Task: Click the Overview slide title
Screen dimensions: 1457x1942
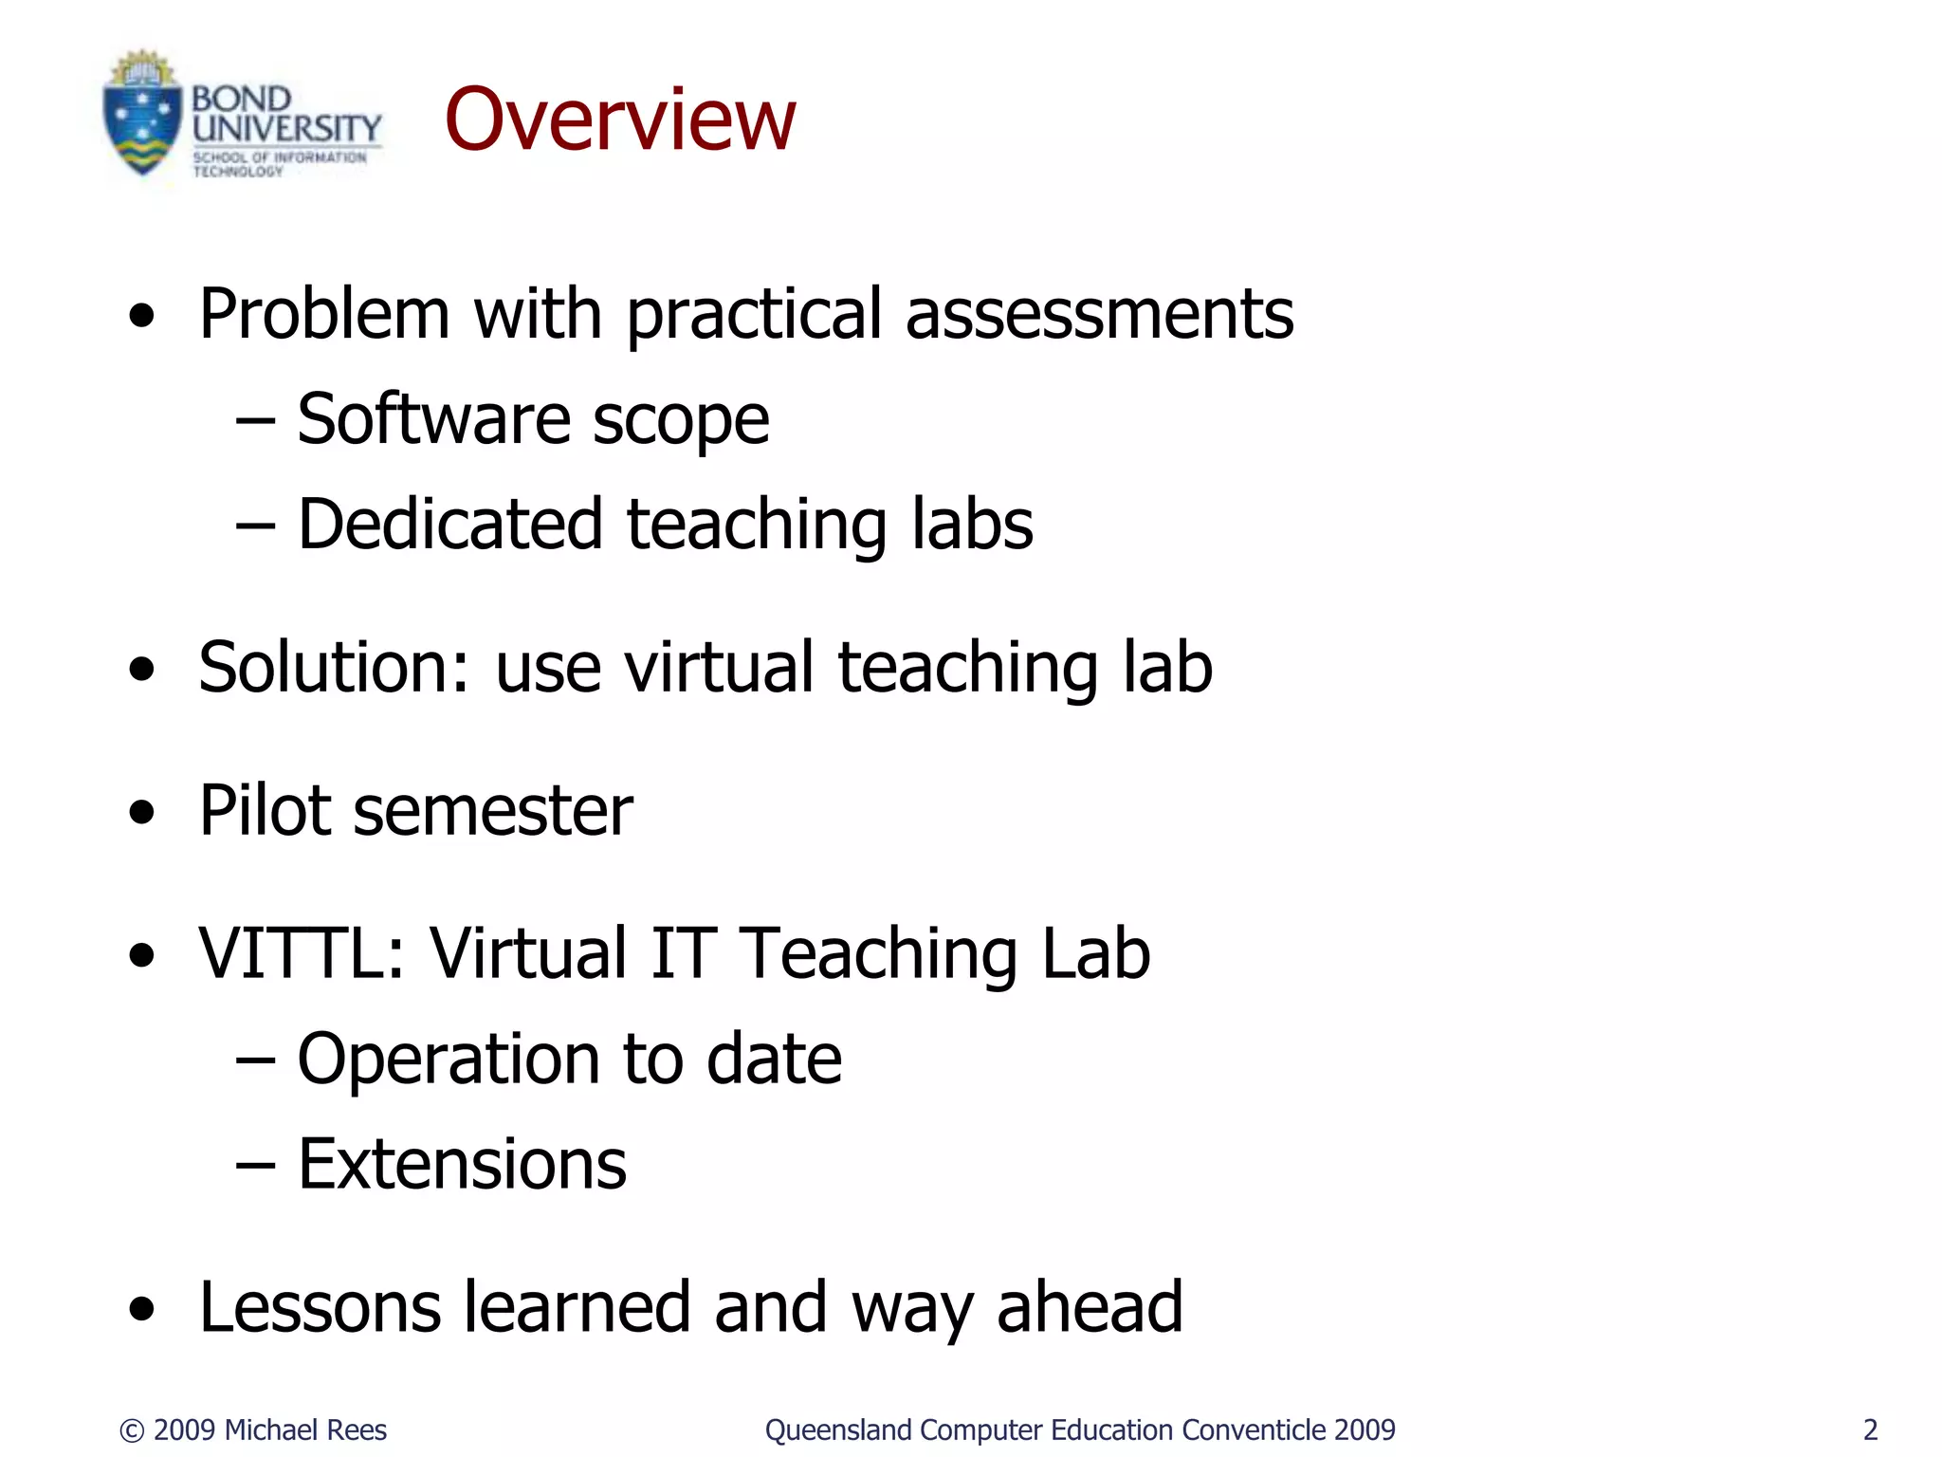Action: click(620, 120)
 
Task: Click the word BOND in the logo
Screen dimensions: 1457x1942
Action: click(242, 99)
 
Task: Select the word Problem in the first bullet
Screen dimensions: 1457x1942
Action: click(323, 314)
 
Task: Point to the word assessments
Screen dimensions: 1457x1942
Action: click(1099, 314)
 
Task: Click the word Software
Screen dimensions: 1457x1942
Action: click(432, 419)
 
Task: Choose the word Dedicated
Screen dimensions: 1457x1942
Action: click(450, 524)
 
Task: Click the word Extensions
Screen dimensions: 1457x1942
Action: click(462, 1164)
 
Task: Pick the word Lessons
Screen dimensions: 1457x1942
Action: click(320, 1307)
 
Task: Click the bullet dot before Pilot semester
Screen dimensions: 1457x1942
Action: click(142, 813)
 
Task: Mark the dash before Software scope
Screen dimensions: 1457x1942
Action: click(254, 420)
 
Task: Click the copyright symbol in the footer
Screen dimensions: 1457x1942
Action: click(133, 1430)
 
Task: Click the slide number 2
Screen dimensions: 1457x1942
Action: click(1870, 1429)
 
